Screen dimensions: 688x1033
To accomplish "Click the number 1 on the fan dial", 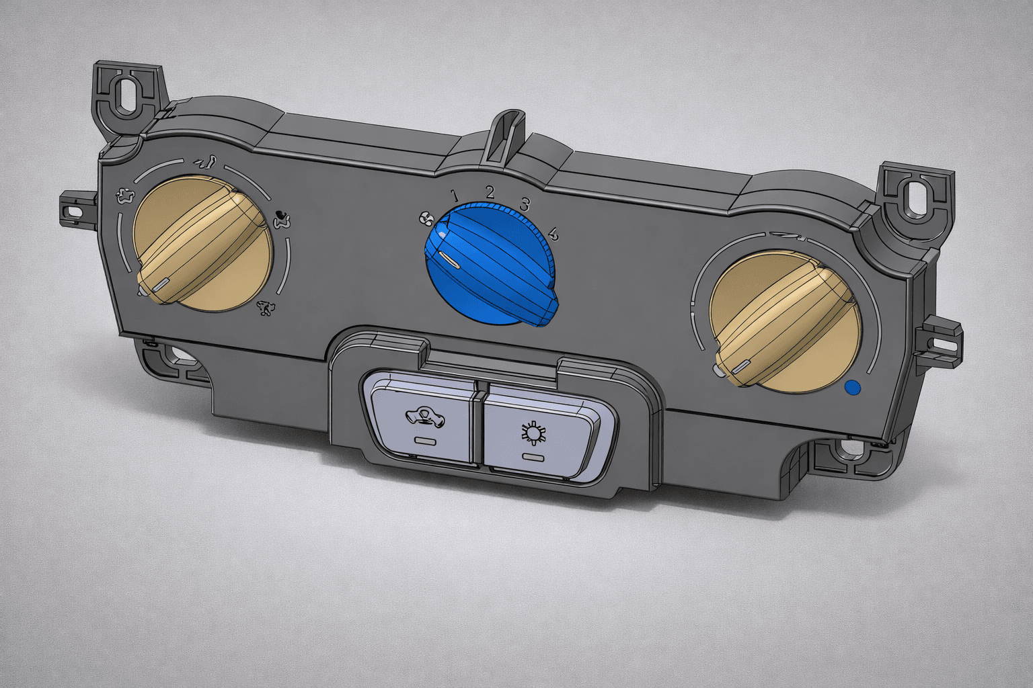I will (x=455, y=196).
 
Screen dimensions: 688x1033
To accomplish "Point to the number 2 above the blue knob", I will (x=490, y=192).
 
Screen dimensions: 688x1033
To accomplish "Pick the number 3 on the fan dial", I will (x=525, y=204).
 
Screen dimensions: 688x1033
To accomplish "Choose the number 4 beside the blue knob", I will (x=553, y=234).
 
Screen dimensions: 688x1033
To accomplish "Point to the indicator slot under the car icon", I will (x=424, y=441).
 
